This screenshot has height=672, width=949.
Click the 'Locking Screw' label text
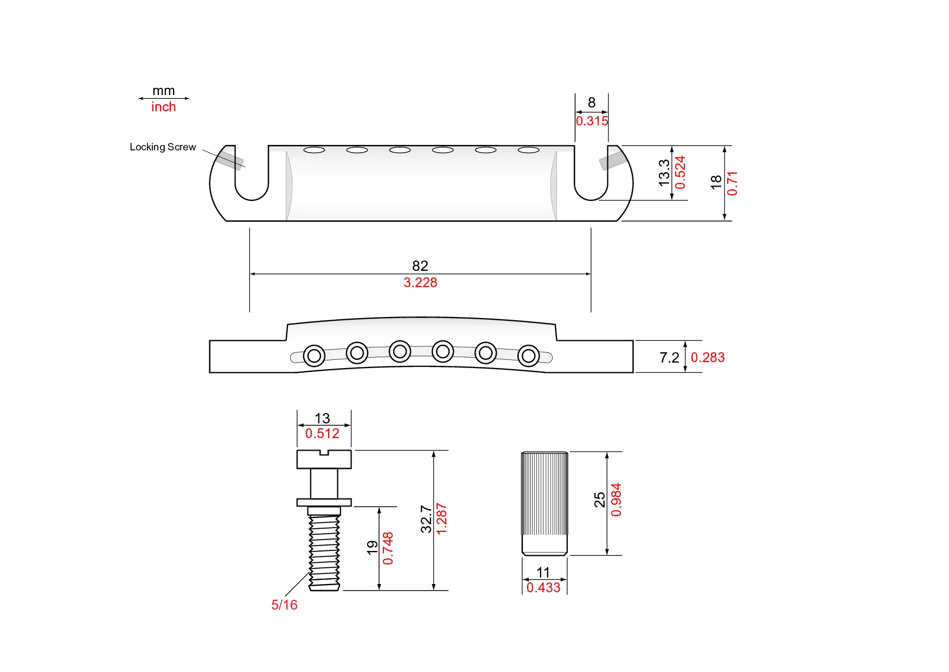pyautogui.click(x=163, y=147)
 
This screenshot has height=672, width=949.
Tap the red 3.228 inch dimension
pyautogui.click(x=420, y=283)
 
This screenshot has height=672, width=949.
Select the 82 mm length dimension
pyautogui.click(x=420, y=265)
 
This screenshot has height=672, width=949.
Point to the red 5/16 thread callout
pyautogui.click(x=284, y=605)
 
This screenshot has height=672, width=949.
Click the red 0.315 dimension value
pyautogui.click(x=592, y=121)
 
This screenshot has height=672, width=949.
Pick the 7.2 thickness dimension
pyautogui.click(x=669, y=358)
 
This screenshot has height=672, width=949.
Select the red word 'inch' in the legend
pyautogui.click(x=163, y=107)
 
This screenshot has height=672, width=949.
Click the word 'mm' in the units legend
pyautogui.click(x=163, y=91)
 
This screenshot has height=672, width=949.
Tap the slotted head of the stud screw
pyautogui.click(x=324, y=459)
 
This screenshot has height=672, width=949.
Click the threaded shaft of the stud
pyautogui.click(x=324, y=551)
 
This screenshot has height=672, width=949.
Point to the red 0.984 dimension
pyautogui.click(x=616, y=500)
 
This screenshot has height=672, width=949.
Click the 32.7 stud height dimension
pyautogui.click(x=426, y=519)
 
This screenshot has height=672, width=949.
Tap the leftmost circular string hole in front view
pyautogui.click(x=314, y=356)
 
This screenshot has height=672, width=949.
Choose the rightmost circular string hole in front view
pyautogui.click(x=528, y=356)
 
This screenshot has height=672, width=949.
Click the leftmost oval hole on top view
pyautogui.click(x=314, y=150)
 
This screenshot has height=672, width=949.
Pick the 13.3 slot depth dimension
pyautogui.click(x=664, y=173)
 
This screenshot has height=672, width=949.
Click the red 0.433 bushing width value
pyautogui.click(x=543, y=588)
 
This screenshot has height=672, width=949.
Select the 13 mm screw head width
pyautogui.click(x=322, y=419)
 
